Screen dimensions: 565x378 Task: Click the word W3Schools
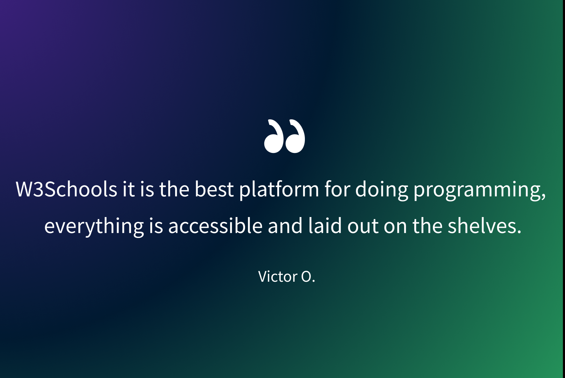(x=66, y=189)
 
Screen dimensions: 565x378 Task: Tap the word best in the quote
(x=214, y=189)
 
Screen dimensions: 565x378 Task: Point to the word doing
(x=381, y=191)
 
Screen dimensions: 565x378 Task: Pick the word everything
(x=94, y=227)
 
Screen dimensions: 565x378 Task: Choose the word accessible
(x=215, y=226)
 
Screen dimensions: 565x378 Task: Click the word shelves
(x=484, y=226)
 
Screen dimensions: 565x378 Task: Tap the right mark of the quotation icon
(x=295, y=136)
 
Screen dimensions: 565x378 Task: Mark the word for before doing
(x=337, y=189)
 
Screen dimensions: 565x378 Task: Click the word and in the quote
(x=285, y=226)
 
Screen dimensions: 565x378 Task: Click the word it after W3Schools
(x=129, y=189)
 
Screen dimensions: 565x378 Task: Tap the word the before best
(x=174, y=189)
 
